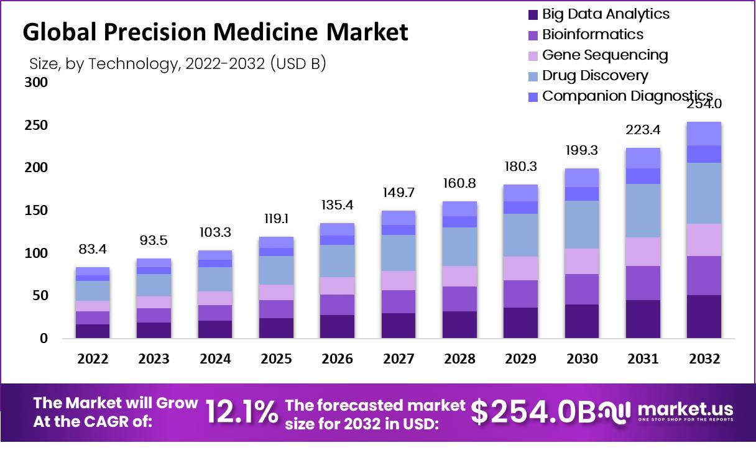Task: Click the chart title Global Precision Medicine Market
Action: (x=215, y=32)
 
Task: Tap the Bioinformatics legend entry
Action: (x=592, y=35)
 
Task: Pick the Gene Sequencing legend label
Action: (x=605, y=55)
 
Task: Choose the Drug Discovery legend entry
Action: (x=595, y=76)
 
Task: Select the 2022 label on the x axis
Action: (x=93, y=359)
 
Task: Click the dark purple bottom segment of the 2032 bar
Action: (x=704, y=316)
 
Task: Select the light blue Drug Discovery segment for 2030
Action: (x=582, y=224)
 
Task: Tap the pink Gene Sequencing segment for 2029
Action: (x=520, y=268)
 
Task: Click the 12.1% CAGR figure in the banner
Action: (x=241, y=412)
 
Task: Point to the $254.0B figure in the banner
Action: (x=533, y=413)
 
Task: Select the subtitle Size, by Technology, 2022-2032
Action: (x=177, y=64)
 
